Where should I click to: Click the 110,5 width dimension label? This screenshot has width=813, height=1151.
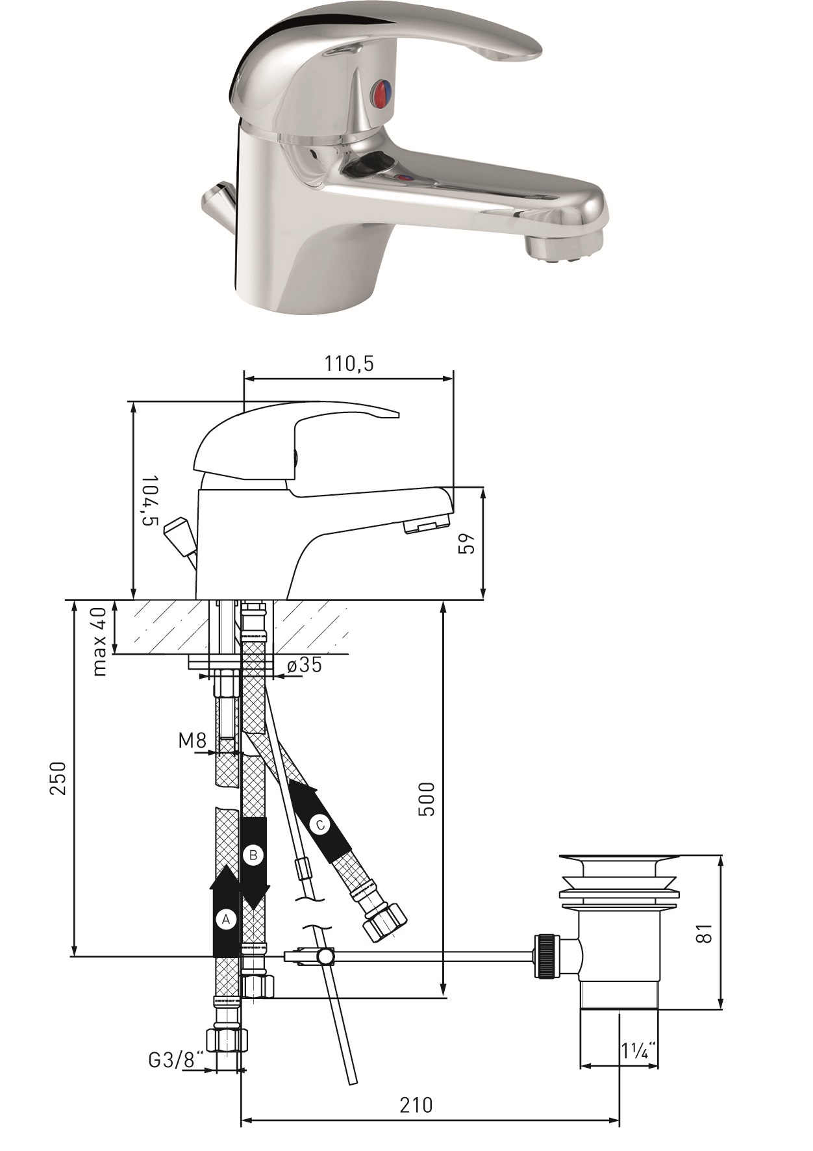(x=349, y=364)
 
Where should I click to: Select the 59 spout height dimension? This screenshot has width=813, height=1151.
(x=467, y=543)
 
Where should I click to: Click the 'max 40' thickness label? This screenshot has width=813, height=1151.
(x=99, y=642)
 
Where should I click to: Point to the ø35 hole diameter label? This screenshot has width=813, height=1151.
(x=304, y=664)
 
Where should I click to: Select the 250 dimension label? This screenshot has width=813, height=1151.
(x=58, y=778)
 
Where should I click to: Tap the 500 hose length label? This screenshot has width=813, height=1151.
(x=426, y=798)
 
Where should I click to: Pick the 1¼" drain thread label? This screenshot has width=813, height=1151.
(x=638, y=1050)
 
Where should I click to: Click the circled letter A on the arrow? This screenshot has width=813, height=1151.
(x=226, y=920)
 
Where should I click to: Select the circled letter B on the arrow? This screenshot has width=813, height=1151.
(x=253, y=855)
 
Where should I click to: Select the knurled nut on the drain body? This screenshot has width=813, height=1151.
(x=547, y=955)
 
